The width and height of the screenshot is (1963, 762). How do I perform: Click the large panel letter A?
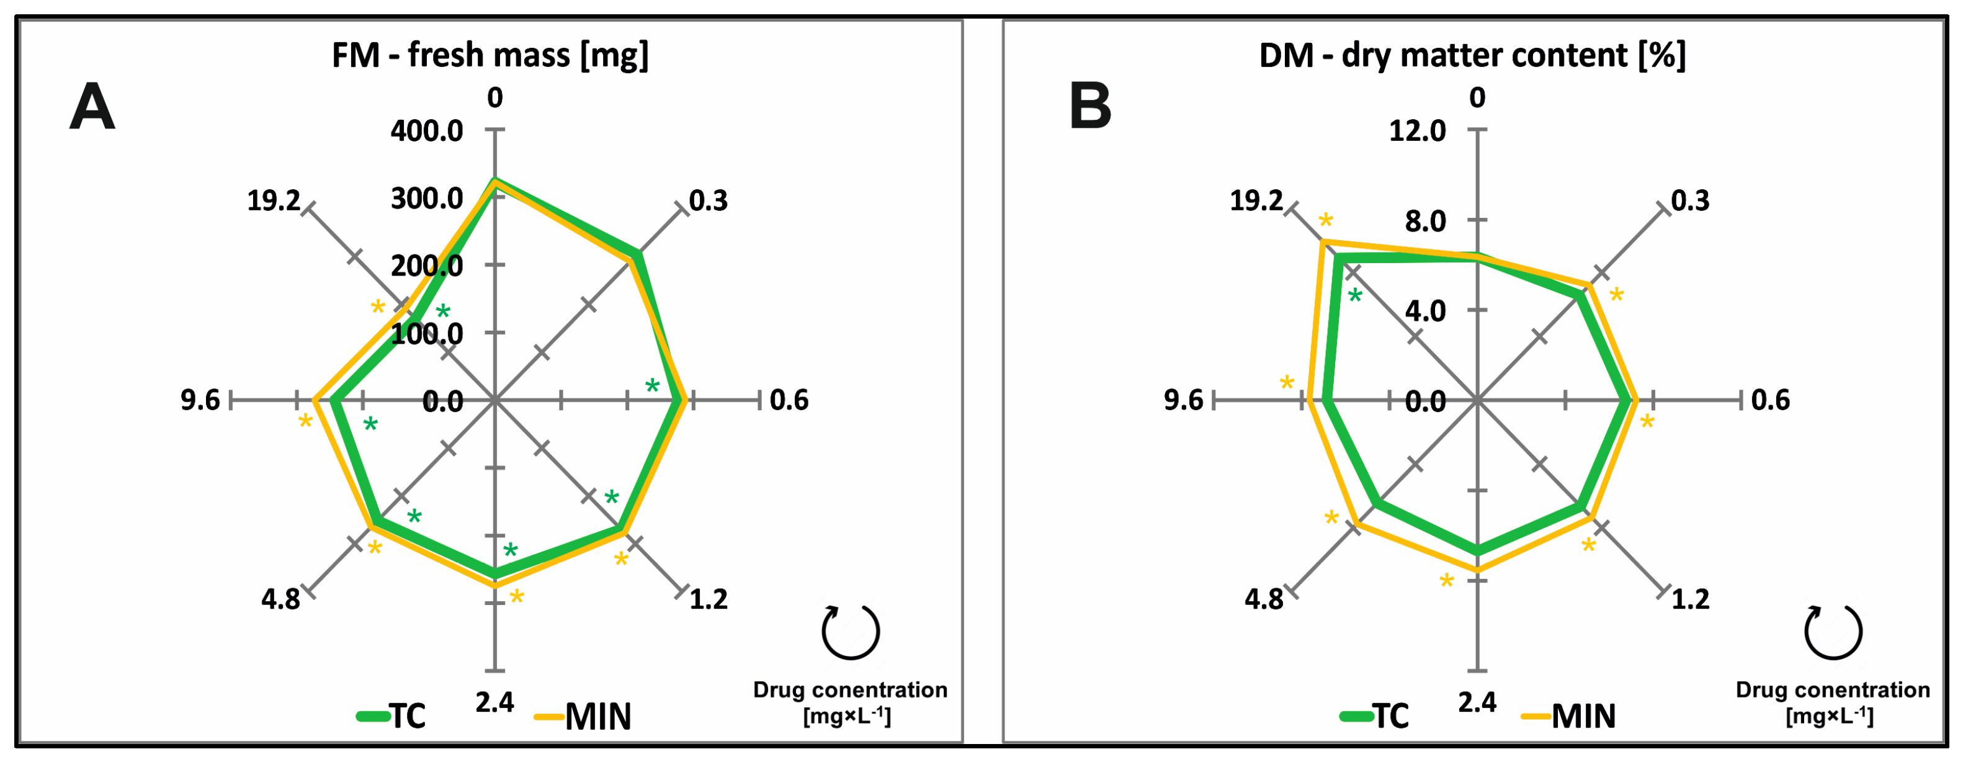[x=92, y=108]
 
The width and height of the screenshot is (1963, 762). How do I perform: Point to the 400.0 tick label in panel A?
[x=427, y=131]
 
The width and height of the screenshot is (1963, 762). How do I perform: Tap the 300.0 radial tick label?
[x=427, y=199]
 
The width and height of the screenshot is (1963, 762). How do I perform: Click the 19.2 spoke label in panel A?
[x=274, y=201]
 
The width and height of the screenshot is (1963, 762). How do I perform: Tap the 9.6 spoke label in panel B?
[x=1183, y=400]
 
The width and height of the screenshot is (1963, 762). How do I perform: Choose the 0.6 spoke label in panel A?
[x=789, y=400]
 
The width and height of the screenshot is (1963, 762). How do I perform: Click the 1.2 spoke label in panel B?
[x=1690, y=599]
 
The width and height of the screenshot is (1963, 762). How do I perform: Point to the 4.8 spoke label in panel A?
[x=280, y=599]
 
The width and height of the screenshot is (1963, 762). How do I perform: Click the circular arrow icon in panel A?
[x=851, y=632]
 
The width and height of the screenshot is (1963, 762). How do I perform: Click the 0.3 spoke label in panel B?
[x=1690, y=201]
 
